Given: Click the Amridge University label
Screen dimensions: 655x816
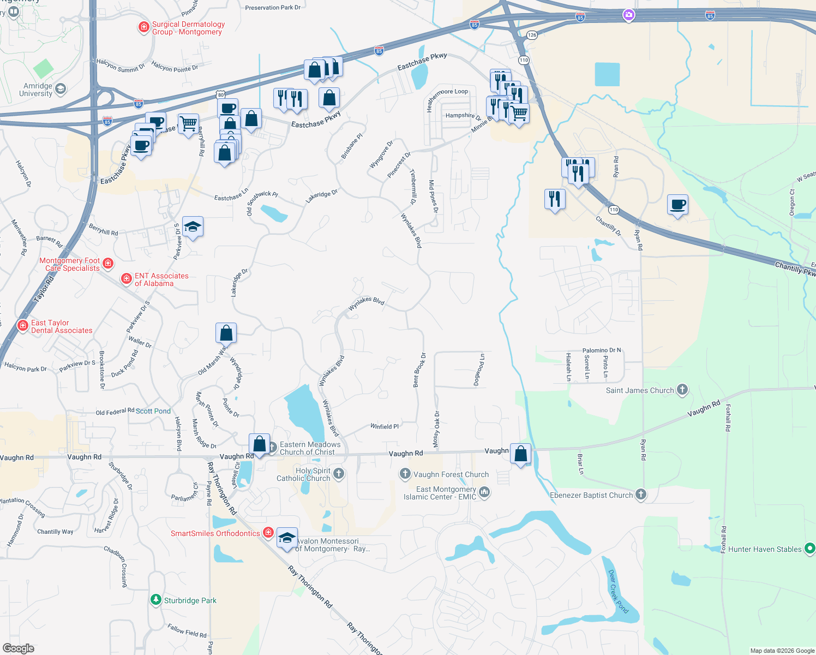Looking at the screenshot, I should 36,90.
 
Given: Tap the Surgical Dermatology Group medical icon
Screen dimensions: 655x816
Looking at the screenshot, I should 143,27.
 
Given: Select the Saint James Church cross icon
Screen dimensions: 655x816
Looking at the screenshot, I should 682,390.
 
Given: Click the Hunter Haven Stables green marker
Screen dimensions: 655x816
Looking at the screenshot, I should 809,549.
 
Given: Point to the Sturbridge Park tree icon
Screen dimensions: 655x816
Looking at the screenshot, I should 156,600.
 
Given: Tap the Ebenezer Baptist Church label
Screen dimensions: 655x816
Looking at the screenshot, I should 591,495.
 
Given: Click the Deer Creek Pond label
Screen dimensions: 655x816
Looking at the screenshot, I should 619,592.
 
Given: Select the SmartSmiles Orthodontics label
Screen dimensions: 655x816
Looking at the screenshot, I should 215,533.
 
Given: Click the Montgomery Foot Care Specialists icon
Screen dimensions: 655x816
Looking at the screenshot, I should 108,264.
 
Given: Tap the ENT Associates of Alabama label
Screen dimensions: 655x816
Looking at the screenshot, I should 161,279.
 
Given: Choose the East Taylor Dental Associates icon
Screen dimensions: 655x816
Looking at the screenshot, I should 22,326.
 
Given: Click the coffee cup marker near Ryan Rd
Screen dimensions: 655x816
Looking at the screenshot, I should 677,205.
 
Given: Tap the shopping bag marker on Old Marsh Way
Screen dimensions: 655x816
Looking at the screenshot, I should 226,333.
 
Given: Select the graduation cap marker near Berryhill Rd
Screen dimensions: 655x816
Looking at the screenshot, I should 193,227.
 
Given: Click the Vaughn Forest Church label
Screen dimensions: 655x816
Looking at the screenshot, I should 451,474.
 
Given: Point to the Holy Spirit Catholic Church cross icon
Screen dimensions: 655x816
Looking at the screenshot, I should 339,473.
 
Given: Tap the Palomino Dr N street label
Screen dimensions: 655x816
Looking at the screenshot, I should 602,350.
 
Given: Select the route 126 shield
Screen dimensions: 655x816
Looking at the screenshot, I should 532,35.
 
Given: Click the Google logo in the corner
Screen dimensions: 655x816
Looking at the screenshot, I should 19,648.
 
